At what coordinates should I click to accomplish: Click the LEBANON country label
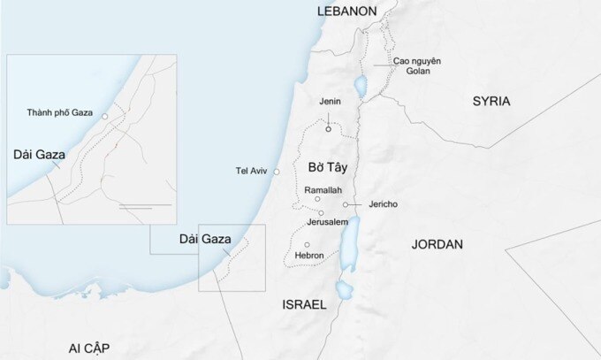[347, 11]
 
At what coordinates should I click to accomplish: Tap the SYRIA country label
[491, 101]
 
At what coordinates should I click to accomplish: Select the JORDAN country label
[437, 244]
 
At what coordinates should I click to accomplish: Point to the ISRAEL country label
[304, 304]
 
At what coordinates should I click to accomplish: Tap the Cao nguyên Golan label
[417, 65]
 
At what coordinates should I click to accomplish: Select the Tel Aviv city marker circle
[277, 171]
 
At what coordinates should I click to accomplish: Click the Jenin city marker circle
[329, 129]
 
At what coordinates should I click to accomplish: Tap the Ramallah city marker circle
[318, 200]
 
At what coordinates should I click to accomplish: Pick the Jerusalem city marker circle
[322, 213]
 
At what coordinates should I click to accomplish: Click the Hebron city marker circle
[307, 245]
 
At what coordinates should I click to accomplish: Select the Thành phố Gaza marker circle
[104, 116]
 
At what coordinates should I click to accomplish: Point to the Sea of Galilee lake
[360, 86]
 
